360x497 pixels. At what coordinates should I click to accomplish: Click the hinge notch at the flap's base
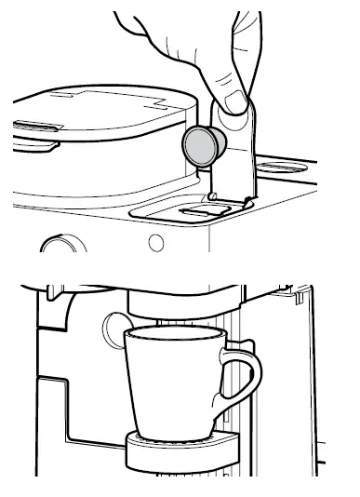point(215,197)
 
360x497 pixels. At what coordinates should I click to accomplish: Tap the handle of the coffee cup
point(244,382)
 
